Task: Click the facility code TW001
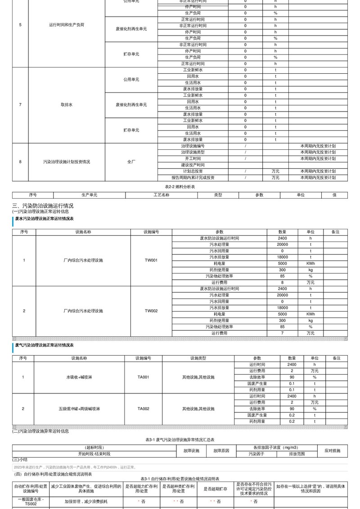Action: (151, 260)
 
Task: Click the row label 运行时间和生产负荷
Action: (67, 25)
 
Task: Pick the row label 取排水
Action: (67, 105)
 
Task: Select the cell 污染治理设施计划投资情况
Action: (67, 162)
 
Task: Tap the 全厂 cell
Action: (131, 162)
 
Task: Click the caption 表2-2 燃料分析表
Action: (180, 186)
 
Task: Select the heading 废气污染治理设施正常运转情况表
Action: (44, 345)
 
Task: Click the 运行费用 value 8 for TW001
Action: (282, 282)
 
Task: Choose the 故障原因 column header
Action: (221, 451)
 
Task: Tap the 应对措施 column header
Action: (333, 451)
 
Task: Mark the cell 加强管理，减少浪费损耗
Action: (85, 501)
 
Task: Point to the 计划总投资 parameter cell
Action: (193, 171)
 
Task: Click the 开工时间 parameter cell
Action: (193, 159)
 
